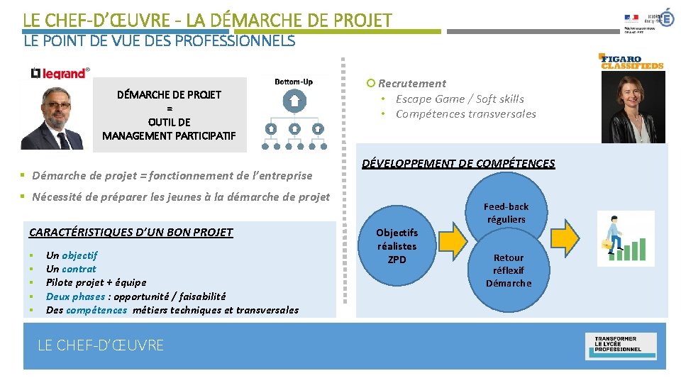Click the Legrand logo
tap(60, 72)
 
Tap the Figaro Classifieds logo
tap(631, 62)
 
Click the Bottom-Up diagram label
tap(294, 82)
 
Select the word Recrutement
tap(412, 84)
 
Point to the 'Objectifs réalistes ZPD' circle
tap(397, 246)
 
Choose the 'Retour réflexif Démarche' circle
tap(508, 270)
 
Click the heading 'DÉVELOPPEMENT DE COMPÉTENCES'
tap(458, 164)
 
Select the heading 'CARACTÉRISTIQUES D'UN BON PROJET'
tap(131, 232)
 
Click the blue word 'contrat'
tap(79, 269)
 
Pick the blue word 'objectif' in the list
tap(79, 255)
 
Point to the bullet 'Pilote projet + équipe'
tap(96, 282)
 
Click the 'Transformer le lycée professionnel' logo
tap(621, 344)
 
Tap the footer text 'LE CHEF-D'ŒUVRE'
tap(101, 345)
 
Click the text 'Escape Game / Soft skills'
tap(460, 99)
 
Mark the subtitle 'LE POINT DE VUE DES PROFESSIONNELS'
tap(159, 41)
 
